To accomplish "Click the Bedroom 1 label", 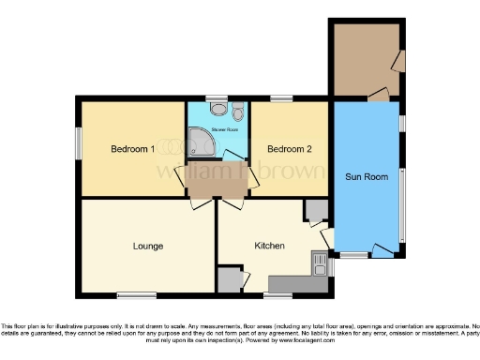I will click(131, 149).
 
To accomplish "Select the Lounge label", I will click(147, 247).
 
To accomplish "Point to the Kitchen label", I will click(270, 247).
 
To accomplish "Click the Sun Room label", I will click(365, 175).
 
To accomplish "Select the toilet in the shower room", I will click(237, 114).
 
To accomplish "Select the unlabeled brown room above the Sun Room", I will click(367, 58).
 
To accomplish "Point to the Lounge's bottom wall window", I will click(136, 295).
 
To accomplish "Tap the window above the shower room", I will click(217, 97).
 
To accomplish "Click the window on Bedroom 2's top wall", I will click(281, 97).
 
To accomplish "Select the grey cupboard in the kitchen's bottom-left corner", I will click(229, 279).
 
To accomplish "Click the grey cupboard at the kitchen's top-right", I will click(315, 210).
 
